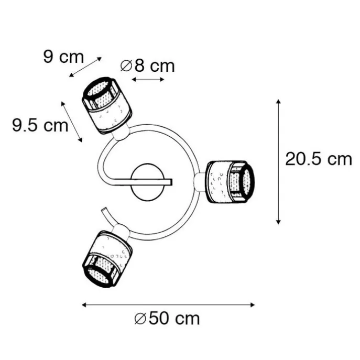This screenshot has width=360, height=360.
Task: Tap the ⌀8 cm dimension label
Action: point(147,66)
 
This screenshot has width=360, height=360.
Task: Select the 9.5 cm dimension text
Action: point(40,125)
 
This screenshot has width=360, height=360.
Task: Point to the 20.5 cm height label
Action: point(319,159)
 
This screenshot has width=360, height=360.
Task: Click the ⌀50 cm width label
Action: point(167,319)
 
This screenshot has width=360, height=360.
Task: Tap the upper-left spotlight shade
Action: point(107,105)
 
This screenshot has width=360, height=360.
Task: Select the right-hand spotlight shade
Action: point(231,182)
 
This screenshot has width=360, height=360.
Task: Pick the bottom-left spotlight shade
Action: point(107,259)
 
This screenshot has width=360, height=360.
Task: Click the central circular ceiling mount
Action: point(147,182)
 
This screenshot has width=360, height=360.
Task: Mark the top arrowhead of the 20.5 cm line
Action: point(278,102)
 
